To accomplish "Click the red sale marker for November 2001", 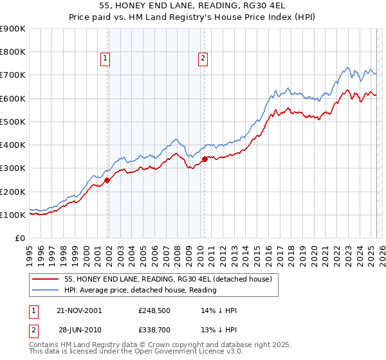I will click(107, 181).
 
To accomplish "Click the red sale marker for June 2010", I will click(205, 159).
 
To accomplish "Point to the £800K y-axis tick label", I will click(13, 52).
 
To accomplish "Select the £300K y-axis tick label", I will click(13, 168).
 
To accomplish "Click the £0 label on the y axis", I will click(21, 239).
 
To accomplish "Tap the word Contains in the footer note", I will click(45, 345).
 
